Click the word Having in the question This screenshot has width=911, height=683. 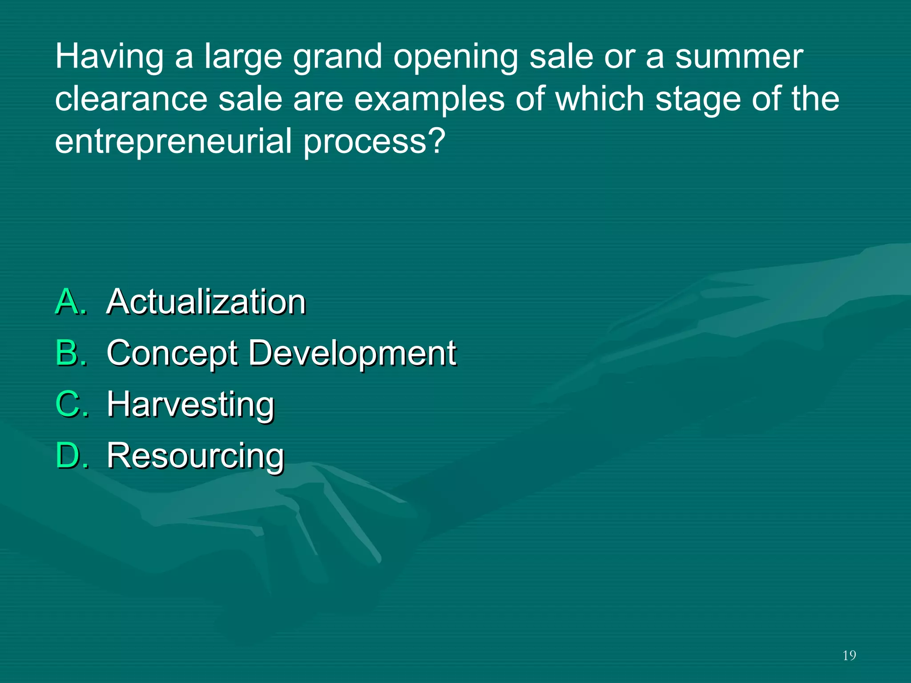coord(109,57)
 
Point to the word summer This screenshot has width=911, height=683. coord(739,56)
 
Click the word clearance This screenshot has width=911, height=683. coord(131,99)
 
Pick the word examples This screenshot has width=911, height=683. coord(429,100)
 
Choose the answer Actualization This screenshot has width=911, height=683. coord(206,302)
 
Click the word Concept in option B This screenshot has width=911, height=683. coord(173,354)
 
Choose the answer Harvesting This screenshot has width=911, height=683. coord(191,405)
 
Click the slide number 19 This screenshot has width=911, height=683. coord(849,656)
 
